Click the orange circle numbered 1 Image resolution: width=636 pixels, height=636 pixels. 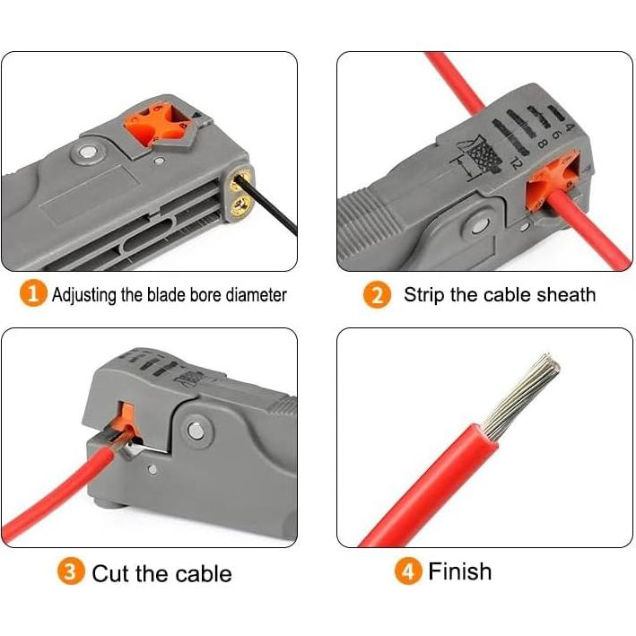click(x=33, y=294)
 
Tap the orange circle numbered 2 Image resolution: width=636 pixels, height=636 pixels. click(x=377, y=295)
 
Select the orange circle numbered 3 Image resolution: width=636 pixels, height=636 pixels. click(x=72, y=573)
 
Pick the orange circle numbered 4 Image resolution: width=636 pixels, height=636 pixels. click(x=408, y=572)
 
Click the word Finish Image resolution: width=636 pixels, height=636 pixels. click(x=459, y=571)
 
